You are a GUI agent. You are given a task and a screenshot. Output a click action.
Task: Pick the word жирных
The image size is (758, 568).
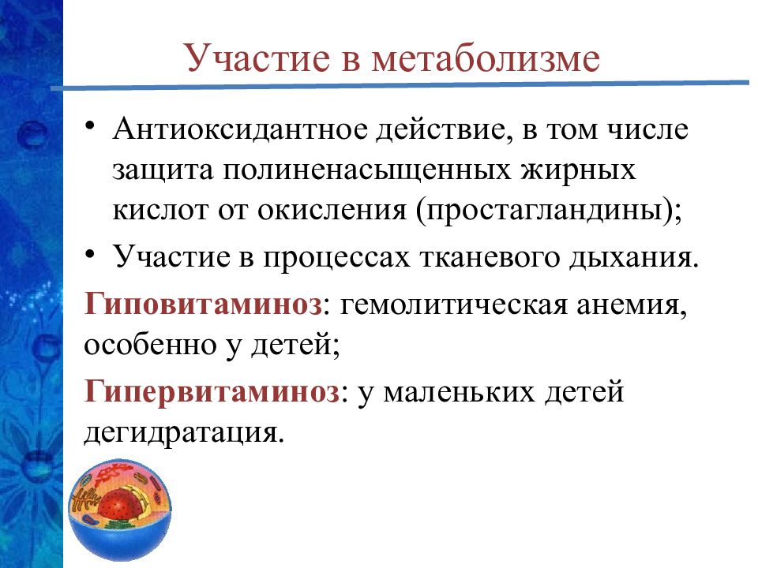[568, 171]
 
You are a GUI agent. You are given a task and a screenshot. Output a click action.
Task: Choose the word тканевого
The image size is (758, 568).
[490, 257]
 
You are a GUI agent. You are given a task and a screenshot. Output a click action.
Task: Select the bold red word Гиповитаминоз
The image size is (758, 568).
[204, 305]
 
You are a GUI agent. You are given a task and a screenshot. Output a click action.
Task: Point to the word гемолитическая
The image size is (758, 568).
[452, 305]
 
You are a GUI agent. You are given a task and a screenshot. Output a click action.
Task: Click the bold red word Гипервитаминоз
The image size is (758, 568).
[212, 391]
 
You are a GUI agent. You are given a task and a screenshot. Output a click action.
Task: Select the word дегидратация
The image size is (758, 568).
[182, 433]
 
